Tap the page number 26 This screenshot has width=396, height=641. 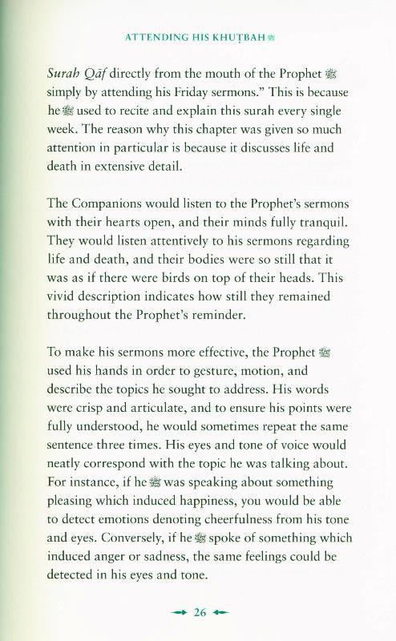(x=200, y=613)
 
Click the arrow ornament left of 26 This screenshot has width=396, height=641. (x=180, y=613)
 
